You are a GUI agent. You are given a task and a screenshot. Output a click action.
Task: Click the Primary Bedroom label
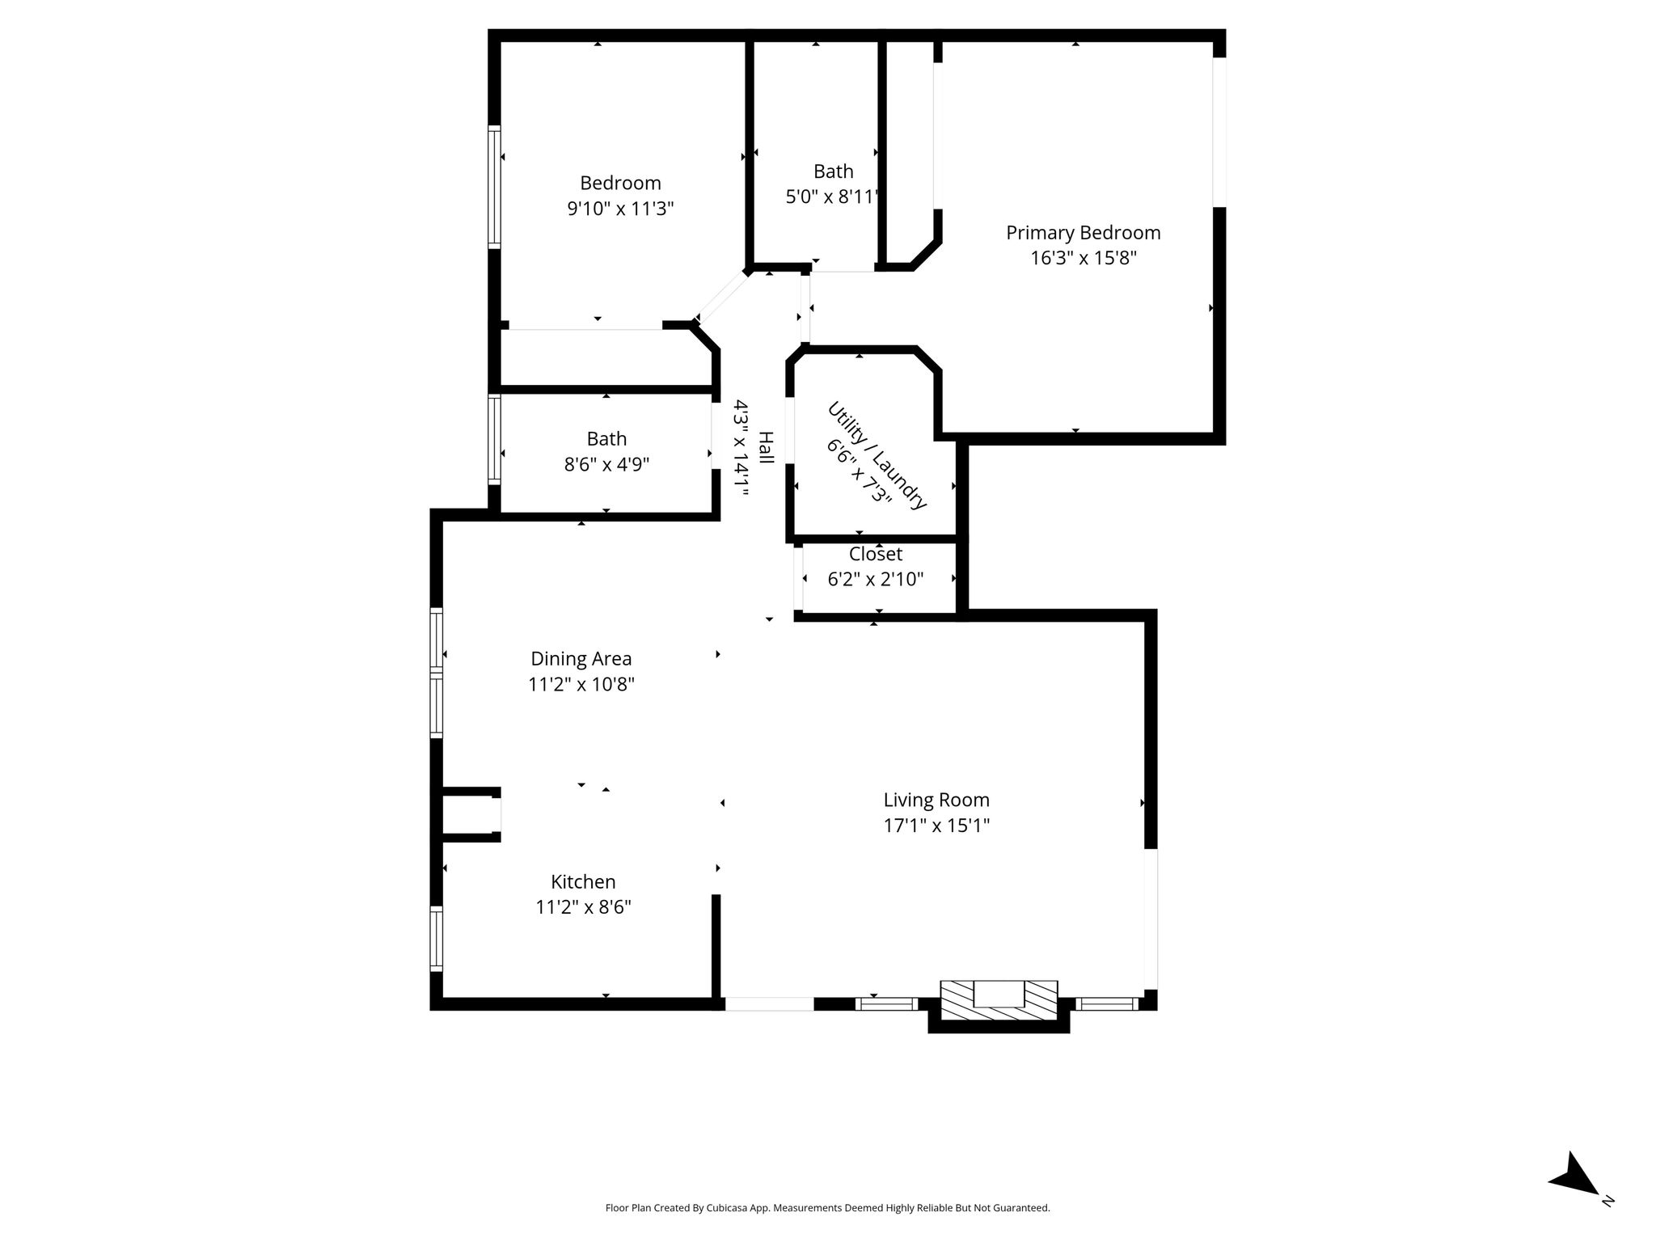(x=1083, y=233)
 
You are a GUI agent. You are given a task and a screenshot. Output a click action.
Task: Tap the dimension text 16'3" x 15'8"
(x=1084, y=259)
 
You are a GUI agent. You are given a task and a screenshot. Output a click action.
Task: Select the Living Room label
(x=936, y=801)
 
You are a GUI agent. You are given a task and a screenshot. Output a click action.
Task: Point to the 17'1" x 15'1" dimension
(x=936, y=826)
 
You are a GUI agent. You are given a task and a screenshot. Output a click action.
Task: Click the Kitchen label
(x=583, y=881)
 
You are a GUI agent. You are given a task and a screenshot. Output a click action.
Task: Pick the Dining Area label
(x=581, y=659)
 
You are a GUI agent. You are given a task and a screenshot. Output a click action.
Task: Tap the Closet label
(x=876, y=554)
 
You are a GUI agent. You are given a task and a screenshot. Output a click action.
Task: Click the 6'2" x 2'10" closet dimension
(x=876, y=579)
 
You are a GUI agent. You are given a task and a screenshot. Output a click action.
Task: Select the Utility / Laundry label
(x=877, y=455)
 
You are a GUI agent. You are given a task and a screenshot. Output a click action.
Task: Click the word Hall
(x=766, y=447)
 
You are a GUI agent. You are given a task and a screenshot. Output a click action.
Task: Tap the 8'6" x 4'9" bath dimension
(x=606, y=465)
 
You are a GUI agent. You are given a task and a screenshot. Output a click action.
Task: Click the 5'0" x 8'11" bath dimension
(x=833, y=196)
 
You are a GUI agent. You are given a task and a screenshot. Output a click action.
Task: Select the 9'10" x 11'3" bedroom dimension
(x=620, y=209)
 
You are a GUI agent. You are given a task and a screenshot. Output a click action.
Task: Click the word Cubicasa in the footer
(x=725, y=1208)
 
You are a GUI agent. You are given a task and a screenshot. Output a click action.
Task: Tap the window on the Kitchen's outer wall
(x=437, y=938)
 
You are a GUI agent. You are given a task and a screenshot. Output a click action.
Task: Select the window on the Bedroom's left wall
(x=494, y=187)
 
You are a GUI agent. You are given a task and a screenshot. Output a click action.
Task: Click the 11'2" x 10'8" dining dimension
(x=581, y=685)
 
